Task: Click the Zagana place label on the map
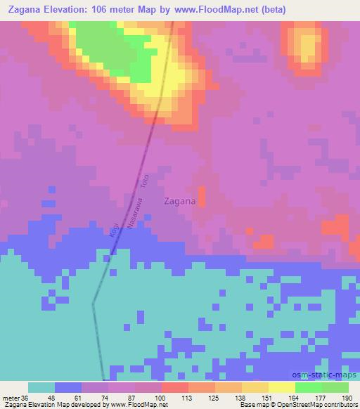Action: pos(179,200)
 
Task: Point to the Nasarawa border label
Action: pos(131,210)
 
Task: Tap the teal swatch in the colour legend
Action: pos(41,388)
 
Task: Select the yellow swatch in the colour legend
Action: pos(281,388)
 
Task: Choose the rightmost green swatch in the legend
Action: pos(335,388)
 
